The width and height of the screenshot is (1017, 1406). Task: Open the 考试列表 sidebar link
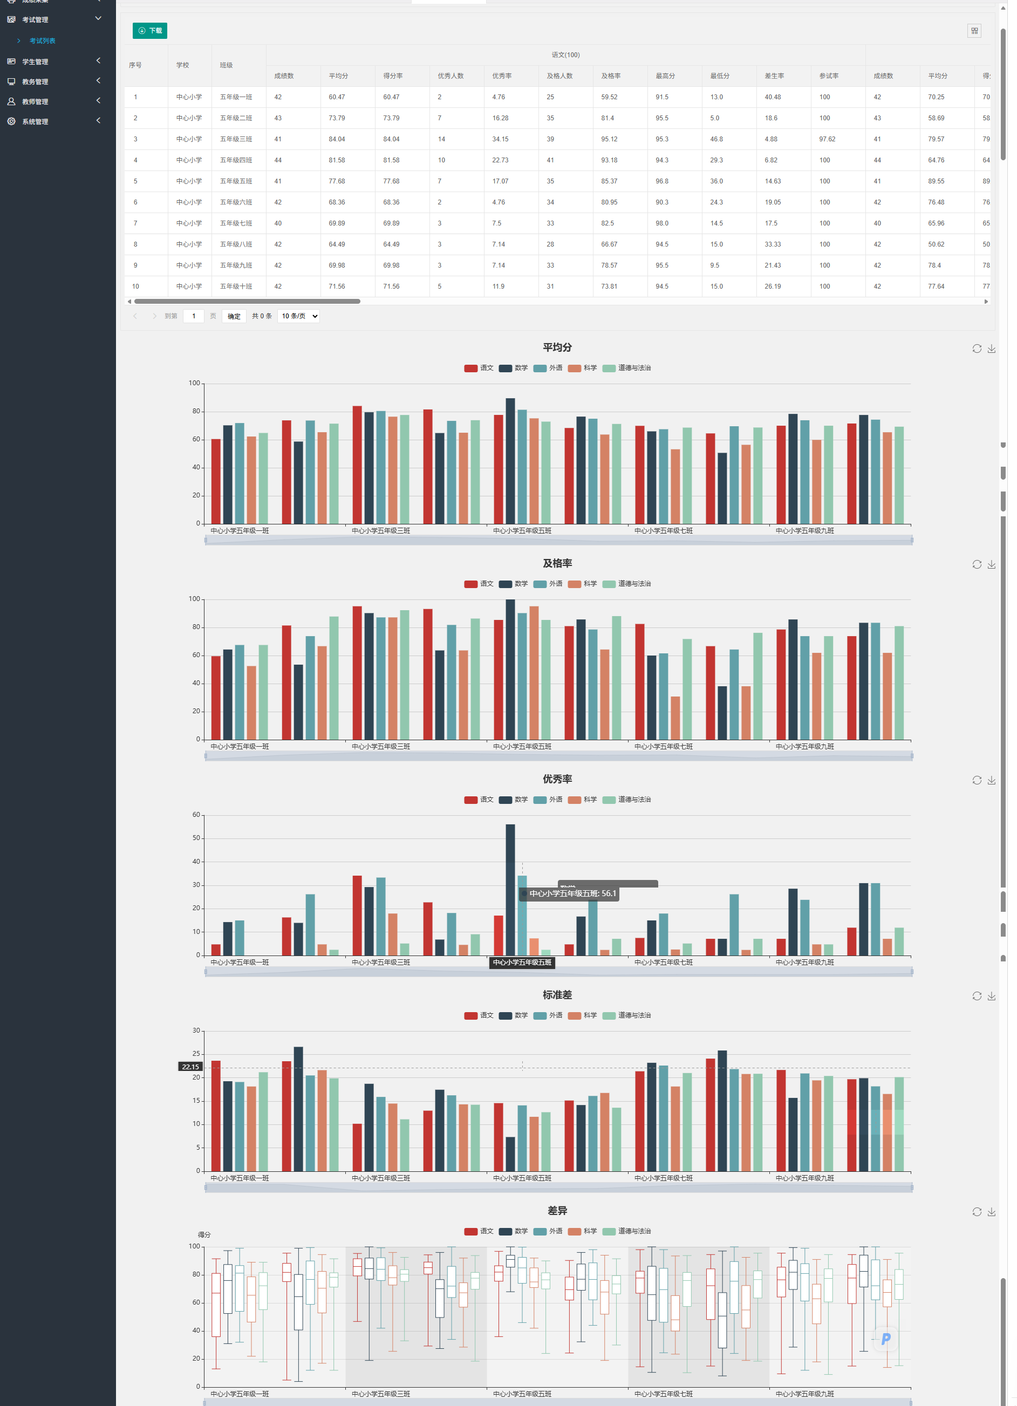click(43, 41)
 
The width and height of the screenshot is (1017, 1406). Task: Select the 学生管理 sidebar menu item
click(35, 62)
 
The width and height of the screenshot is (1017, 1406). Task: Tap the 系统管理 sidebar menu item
click(35, 122)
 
